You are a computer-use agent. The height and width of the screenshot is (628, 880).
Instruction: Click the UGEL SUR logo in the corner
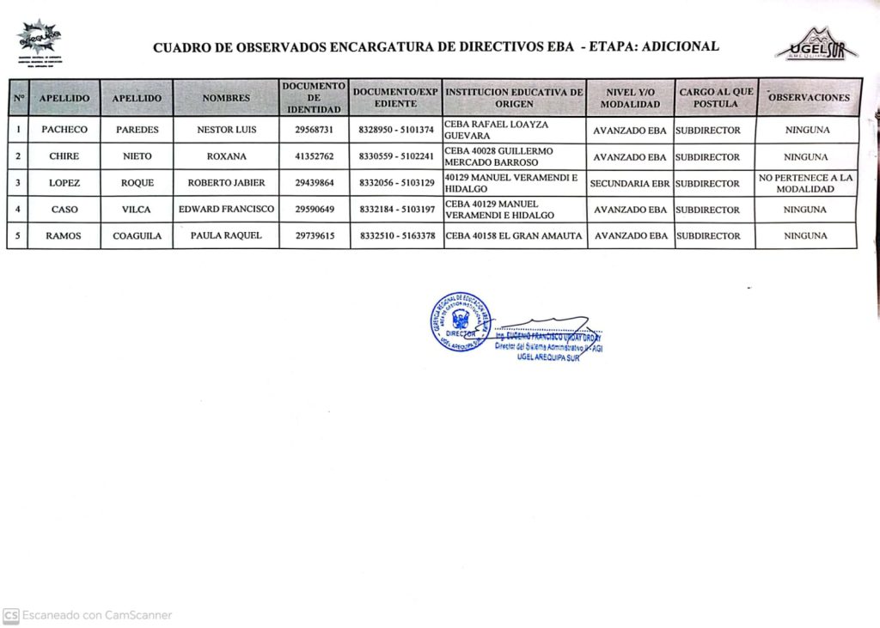coord(816,45)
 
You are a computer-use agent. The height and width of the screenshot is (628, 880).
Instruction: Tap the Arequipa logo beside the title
coord(39,39)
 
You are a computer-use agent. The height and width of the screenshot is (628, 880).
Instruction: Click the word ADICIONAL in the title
coord(678,46)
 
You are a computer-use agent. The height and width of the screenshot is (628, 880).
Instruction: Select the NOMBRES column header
coord(226,98)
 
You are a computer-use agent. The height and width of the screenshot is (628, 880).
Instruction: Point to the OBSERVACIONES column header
coord(809,98)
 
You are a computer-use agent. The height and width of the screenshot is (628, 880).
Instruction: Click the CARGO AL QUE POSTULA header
coord(715,98)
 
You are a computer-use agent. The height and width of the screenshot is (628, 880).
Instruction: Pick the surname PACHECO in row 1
coord(64,131)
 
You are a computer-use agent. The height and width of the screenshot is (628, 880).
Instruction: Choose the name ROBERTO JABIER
coord(226,183)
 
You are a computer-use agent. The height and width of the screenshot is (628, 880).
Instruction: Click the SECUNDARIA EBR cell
coord(630,183)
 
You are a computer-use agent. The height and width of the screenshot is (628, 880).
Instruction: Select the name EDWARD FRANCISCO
coord(226,210)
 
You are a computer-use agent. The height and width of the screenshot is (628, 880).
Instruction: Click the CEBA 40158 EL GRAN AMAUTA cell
coord(514,236)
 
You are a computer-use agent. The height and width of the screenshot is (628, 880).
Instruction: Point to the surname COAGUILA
coord(137,236)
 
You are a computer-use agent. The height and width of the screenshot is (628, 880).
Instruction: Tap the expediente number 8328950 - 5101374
coord(396,131)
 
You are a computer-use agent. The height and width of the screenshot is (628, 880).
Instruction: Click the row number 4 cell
coord(18,210)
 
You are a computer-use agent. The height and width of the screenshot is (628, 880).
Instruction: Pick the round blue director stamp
coord(461,322)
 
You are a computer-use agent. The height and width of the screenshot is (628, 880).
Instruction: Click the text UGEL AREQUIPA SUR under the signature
coord(549,357)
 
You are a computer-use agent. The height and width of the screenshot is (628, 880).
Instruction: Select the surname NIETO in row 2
coord(137,157)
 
